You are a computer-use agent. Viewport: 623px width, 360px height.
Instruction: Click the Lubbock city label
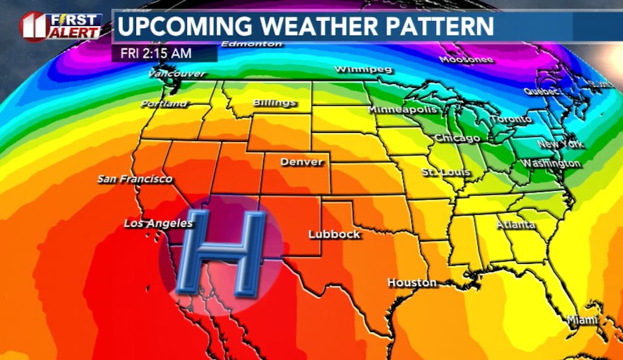click(x=334, y=234)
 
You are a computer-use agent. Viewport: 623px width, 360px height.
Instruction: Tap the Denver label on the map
click(x=301, y=162)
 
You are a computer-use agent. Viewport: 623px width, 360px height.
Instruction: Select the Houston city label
click(x=413, y=282)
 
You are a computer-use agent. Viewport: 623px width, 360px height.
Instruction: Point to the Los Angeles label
click(x=158, y=223)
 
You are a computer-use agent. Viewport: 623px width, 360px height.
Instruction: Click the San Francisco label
click(x=135, y=179)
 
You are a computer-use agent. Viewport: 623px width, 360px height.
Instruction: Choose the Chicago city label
click(x=457, y=138)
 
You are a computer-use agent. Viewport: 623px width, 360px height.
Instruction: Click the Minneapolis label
click(x=402, y=109)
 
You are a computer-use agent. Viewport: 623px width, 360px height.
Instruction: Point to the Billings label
click(x=274, y=103)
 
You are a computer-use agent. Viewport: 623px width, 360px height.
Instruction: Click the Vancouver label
click(x=177, y=74)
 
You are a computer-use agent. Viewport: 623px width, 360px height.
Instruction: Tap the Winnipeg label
click(x=363, y=69)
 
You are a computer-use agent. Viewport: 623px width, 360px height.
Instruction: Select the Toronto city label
click(x=511, y=119)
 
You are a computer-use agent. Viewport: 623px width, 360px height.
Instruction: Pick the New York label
click(x=560, y=144)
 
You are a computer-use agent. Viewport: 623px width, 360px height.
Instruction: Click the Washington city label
click(x=551, y=163)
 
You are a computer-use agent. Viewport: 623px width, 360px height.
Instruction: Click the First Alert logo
click(x=61, y=27)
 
